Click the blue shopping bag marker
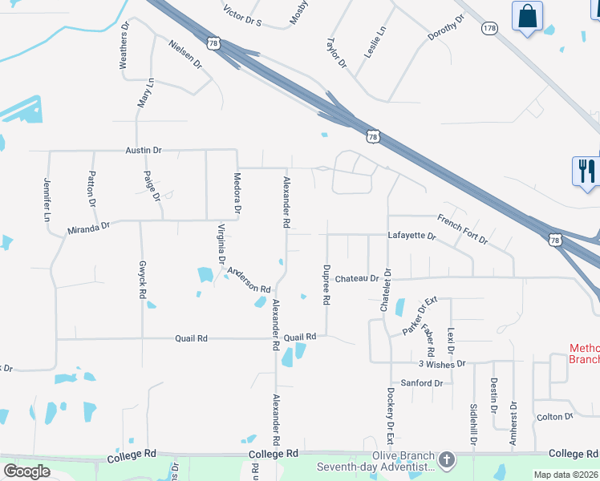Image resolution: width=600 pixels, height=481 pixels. click(x=527, y=16)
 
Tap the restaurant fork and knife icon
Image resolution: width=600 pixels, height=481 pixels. click(x=586, y=171)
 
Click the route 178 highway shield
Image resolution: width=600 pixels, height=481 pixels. click(x=490, y=28)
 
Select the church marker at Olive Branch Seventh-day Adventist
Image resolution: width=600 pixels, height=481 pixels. click(x=447, y=460)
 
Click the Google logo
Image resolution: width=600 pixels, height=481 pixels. click(x=26, y=471)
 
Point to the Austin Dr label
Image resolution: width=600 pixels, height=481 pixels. click(x=144, y=150)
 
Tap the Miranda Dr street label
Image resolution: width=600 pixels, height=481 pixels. click(x=87, y=228)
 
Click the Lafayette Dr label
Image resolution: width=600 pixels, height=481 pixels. click(x=411, y=236)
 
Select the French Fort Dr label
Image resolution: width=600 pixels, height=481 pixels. click(x=463, y=228)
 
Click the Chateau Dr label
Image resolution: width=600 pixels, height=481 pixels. click(x=357, y=278)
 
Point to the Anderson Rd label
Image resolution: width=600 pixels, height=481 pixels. click(x=249, y=279)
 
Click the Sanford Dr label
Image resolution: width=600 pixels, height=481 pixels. click(x=422, y=383)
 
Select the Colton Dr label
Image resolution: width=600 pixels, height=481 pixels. click(x=555, y=417)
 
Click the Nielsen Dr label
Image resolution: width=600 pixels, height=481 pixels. click(x=184, y=53)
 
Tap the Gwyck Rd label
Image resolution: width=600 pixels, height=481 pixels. click(x=143, y=281)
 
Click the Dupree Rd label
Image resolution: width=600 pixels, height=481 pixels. click(x=326, y=285)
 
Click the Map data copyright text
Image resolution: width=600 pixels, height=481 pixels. click(x=566, y=475)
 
